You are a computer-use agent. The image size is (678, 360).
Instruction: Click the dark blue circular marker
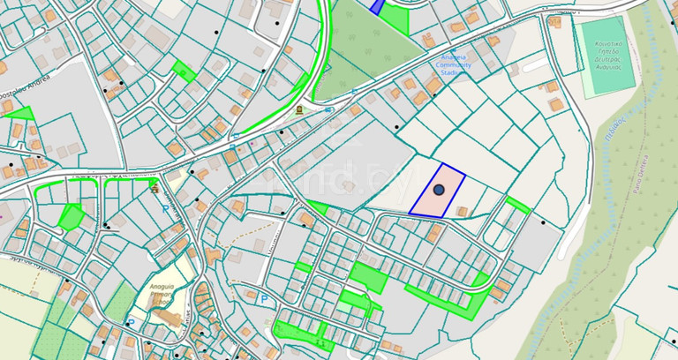pos(439,190)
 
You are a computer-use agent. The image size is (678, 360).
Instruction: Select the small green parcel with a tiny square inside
pos(185,70)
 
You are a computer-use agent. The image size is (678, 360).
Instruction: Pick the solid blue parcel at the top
pos(377,6)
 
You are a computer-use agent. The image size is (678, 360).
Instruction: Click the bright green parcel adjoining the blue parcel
pos(396,19)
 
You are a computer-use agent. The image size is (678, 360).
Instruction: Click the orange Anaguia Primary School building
pos(172,319)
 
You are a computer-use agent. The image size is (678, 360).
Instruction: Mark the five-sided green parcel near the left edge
pos(70,215)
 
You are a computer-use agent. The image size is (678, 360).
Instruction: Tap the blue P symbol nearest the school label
pos(166,209)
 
